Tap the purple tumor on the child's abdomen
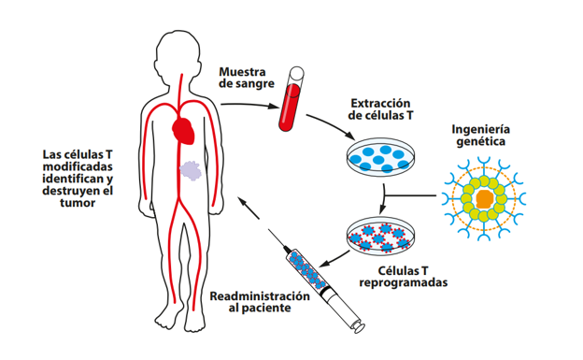pyautogui.click(x=192, y=171)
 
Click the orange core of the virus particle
pyautogui.click(x=484, y=198)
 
